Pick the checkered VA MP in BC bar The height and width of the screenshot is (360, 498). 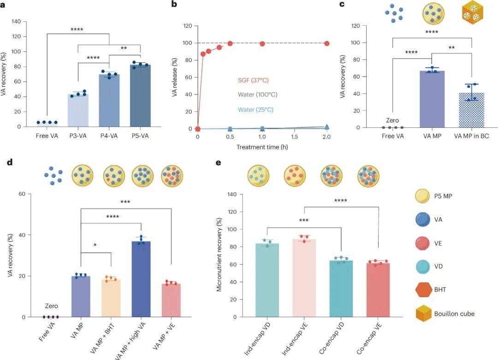tap(472, 111)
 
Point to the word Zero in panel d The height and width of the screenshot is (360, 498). tap(51, 306)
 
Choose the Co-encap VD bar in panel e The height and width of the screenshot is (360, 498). tap(341, 289)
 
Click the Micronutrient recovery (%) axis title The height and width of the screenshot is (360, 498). tap(219, 256)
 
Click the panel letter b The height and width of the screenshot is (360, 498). tap(174, 5)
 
